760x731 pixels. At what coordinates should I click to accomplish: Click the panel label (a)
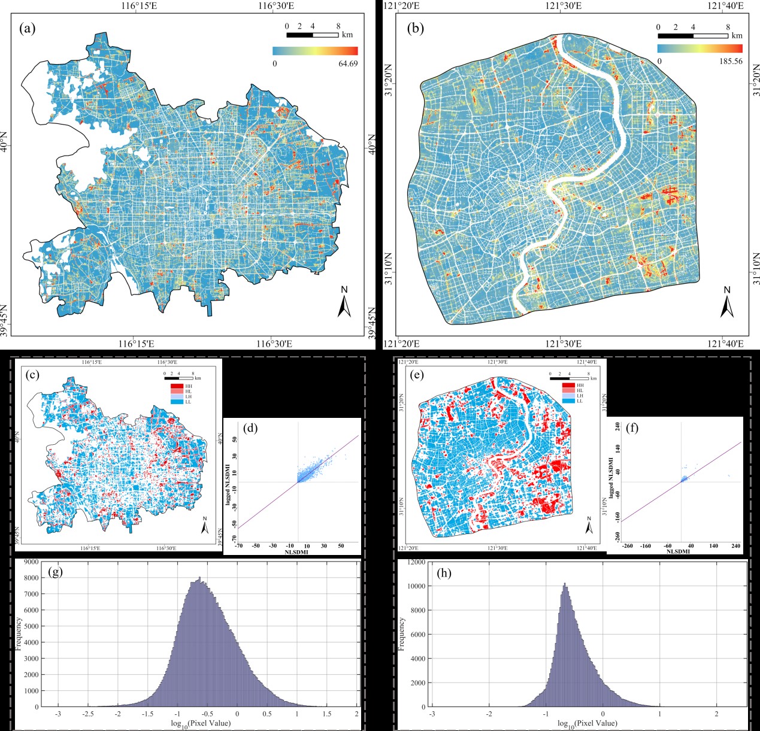(x=28, y=28)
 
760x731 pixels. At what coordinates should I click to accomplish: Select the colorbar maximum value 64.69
(x=348, y=63)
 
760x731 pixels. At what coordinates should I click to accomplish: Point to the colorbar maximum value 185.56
(x=731, y=61)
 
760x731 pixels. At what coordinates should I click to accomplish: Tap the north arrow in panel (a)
(x=344, y=302)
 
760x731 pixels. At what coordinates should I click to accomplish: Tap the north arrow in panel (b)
(x=727, y=302)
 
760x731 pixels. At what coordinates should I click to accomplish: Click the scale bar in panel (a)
(x=313, y=35)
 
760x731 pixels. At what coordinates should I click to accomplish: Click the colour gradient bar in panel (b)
(x=700, y=48)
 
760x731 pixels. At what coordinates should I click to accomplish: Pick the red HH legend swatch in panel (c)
(x=177, y=386)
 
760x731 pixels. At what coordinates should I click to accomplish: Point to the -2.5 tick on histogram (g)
(x=88, y=714)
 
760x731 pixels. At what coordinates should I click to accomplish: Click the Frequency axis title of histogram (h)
(x=402, y=635)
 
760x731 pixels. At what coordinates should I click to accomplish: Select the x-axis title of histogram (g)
(x=201, y=723)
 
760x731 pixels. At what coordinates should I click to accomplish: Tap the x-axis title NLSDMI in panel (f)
(x=678, y=551)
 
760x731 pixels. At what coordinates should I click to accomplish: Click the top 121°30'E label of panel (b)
(x=562, y=6)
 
